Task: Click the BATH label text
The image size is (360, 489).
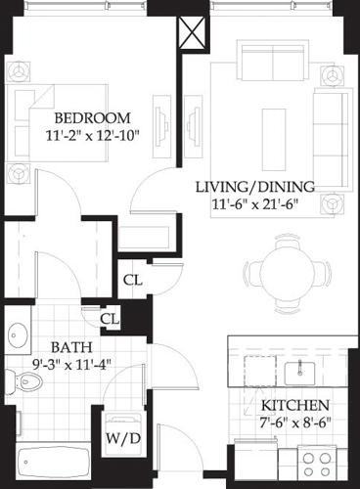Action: (45, 347)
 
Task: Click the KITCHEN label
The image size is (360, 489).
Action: (294, 405)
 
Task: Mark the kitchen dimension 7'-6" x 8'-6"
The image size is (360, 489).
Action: (294, 423)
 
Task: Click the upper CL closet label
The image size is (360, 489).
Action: (133, 280)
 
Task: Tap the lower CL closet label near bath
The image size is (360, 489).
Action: (111, 318)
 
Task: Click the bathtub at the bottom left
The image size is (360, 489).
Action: (54, 461)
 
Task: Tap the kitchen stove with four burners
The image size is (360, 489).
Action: (324, 461)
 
